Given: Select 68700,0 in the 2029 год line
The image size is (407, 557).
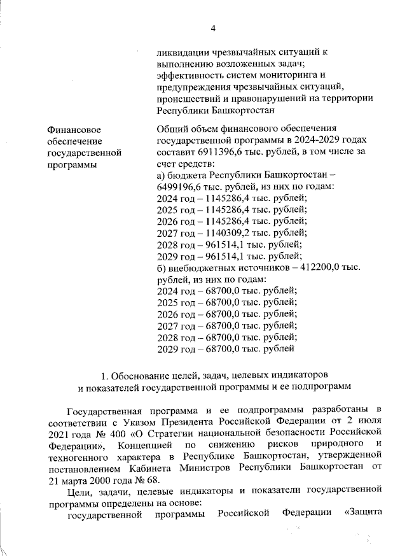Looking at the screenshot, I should point(217,348).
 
